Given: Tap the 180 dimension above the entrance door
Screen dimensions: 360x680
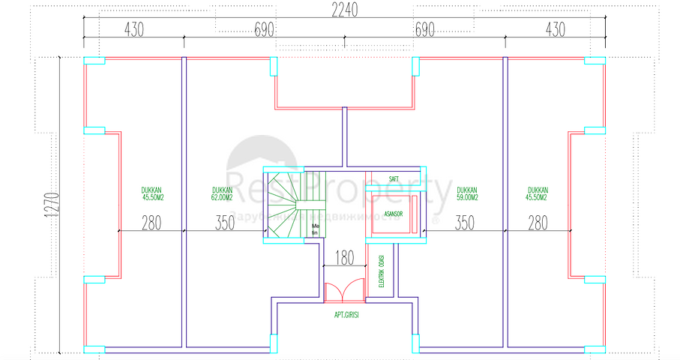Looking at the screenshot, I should (345, 259).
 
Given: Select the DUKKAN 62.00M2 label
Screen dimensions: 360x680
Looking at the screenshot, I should (222, 194).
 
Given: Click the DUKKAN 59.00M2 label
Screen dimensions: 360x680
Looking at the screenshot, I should (465, 194).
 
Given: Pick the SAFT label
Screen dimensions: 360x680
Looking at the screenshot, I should (394, 179).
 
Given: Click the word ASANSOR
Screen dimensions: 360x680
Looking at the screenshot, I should (394, 214).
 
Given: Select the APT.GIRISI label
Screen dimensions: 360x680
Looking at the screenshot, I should (347, 315).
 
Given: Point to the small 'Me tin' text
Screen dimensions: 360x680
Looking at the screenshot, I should (316, 229).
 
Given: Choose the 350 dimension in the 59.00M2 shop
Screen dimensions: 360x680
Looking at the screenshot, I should (465, 223).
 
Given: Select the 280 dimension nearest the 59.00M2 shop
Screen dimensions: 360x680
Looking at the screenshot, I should (537, 223).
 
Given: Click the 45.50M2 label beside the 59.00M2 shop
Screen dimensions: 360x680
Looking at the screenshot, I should (537, 194).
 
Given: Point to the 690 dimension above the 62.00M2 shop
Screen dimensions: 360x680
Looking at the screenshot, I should (265, 29).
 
